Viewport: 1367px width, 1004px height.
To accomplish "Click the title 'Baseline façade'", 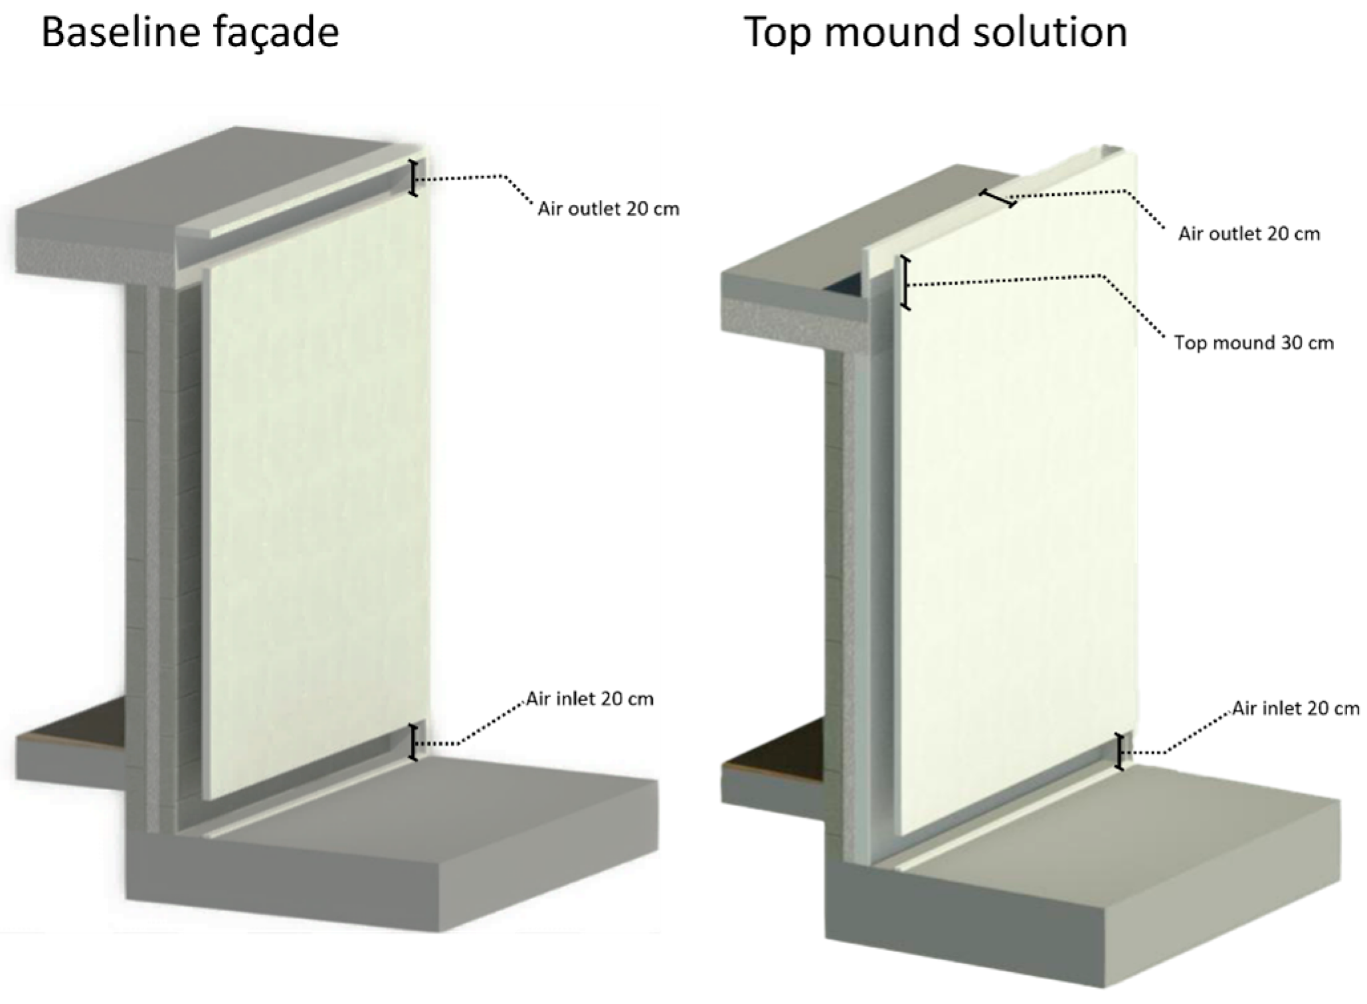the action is click(x=190, y=33).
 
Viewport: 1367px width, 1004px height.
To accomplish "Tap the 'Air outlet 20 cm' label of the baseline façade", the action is click(x=608, y=209).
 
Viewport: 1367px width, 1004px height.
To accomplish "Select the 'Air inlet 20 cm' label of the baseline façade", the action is click(x=590, y=699).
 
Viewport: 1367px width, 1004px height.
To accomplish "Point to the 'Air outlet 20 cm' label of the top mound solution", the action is click(x=1249, y=234).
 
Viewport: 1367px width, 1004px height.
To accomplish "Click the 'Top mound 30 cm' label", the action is click(x=1253, y=343).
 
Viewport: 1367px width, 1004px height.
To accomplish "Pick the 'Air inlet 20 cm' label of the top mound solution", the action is click(x=1296, y=708).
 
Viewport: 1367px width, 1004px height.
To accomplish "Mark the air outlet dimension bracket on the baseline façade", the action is click(x=413, y=178).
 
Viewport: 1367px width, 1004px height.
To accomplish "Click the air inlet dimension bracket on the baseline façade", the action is click(x=413, y=742).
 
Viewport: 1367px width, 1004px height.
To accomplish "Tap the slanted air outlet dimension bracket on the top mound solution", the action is click(x=998, y=199).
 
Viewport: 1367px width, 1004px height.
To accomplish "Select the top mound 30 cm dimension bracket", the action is click(x=905, y=283).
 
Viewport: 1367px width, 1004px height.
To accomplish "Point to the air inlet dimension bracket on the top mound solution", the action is click(x=1119, y=752).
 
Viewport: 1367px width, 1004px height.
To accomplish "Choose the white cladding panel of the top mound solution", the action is click(x=1016, y=491).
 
